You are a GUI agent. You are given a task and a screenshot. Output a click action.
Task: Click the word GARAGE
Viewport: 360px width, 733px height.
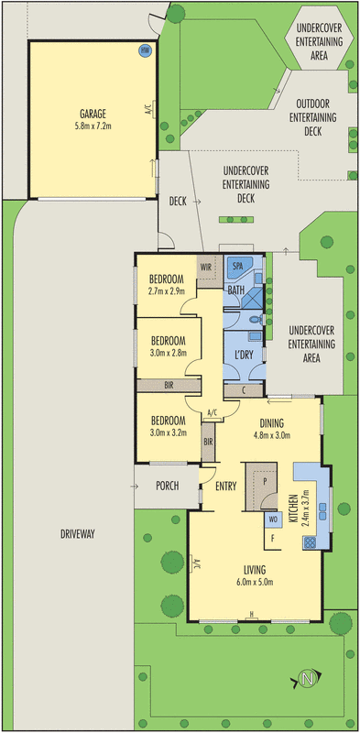click(x=93, y=115)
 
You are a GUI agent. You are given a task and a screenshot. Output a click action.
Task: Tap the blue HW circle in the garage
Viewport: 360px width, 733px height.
click(x=144, y=51)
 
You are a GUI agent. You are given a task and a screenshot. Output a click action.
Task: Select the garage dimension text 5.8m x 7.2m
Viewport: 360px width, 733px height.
click(x=93, y=126)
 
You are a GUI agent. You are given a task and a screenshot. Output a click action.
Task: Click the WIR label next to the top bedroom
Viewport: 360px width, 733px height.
click(x=206, y=268)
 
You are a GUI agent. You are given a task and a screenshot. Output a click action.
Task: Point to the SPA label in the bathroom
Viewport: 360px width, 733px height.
click(x=238, y=265)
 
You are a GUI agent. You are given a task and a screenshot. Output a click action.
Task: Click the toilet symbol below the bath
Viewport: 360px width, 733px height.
click(x=256, y=320)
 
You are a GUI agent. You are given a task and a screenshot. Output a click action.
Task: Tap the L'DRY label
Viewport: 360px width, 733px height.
click(x=243, y=354)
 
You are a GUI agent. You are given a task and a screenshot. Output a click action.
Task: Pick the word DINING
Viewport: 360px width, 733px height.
click(x=271, y=423)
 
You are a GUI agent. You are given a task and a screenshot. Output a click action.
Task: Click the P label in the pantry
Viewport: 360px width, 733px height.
click(x=264, y=479)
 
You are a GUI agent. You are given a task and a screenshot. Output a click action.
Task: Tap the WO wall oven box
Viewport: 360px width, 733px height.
click(x=272, y=520)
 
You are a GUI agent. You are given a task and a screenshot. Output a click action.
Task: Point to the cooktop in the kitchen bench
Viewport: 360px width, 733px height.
click(x=309, y=542)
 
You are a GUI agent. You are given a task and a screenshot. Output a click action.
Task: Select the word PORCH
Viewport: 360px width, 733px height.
click(x=166, y=486)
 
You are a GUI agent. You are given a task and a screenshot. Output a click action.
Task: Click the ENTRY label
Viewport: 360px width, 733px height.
click(x=226, y=486)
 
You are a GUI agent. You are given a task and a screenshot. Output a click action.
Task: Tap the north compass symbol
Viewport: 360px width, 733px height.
click(x=308, y=679)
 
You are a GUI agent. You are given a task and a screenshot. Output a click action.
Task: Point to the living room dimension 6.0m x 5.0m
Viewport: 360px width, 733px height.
click(x=249, y=582)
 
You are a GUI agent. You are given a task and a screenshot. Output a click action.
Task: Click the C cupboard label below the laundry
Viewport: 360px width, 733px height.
click(x=243, y=389)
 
